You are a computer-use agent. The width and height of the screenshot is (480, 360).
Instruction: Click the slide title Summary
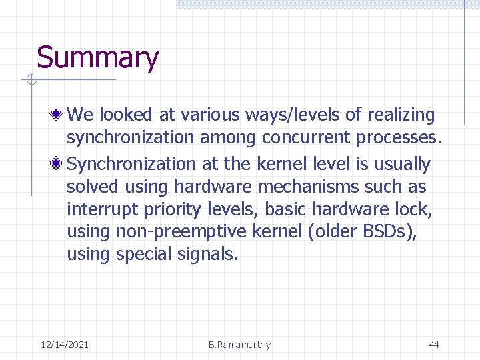coord(97,58)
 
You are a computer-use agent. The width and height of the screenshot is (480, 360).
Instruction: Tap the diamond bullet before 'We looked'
coord(59,115)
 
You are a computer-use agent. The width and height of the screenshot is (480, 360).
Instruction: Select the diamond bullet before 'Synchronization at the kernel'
coord(59,164)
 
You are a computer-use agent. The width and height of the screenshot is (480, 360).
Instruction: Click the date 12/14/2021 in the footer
coord(65,345)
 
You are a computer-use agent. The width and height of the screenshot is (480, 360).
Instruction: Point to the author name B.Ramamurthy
coord(239,345)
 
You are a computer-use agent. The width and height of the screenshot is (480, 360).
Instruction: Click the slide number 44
coord(433,345)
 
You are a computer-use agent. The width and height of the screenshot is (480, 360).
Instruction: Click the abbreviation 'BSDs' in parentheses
coord(385,233)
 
